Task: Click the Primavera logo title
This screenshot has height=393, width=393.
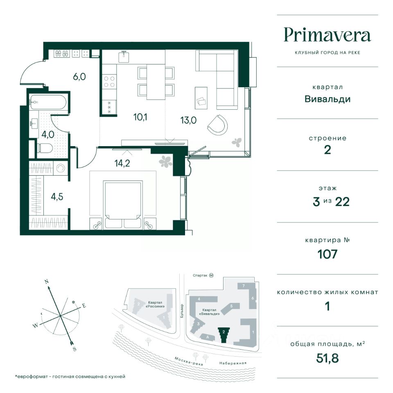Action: point(327,35)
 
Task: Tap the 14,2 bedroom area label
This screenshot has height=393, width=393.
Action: point(122,163)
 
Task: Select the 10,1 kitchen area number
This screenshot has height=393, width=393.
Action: point(140,117)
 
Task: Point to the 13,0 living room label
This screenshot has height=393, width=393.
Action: point(188,120)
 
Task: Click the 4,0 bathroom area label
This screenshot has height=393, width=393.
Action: point(47,134)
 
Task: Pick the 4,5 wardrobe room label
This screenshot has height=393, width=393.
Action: point(57,197)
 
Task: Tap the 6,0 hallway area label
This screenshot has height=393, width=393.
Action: point(79,77)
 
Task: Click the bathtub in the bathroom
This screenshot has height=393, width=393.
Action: point(47,102)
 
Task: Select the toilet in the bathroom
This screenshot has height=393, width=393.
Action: point(45,148)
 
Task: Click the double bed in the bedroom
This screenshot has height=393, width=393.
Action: point(123,205)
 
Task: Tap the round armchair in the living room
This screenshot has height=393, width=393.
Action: point(217,124)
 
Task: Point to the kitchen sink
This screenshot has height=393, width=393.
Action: point(124,56)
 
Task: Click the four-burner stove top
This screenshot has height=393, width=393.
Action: point(109,82)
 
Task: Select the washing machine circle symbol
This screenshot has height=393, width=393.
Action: point(61,168)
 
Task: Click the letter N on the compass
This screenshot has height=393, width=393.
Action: point(46,282)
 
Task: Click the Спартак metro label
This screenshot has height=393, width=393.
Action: point(200,276)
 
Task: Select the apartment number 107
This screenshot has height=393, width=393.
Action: point(327,254)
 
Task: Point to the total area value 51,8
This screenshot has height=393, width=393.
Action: point(327,358)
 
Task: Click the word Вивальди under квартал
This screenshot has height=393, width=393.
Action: point(327,99)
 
